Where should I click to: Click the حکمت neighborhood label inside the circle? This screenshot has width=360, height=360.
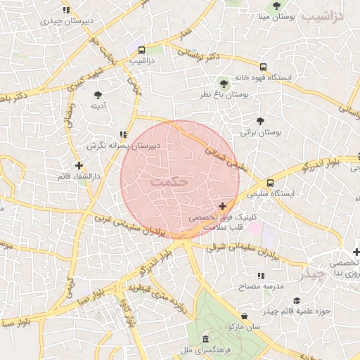170,181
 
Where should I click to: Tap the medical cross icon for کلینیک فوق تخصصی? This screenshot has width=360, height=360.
223,206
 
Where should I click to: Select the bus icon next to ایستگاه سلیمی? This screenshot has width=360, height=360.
271,183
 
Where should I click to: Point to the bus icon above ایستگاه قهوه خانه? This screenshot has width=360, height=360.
263,67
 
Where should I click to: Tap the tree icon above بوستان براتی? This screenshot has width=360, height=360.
260,122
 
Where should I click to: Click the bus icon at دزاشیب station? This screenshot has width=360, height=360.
142,51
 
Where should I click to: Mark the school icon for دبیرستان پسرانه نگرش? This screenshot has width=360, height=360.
123,134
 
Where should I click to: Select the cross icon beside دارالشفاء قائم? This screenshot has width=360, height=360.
79,165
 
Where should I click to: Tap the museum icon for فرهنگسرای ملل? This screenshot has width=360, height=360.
205,338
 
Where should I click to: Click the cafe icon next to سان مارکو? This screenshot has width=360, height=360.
244,316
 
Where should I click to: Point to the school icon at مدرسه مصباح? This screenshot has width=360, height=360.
260,276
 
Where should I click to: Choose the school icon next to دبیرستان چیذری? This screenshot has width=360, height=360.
66,11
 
